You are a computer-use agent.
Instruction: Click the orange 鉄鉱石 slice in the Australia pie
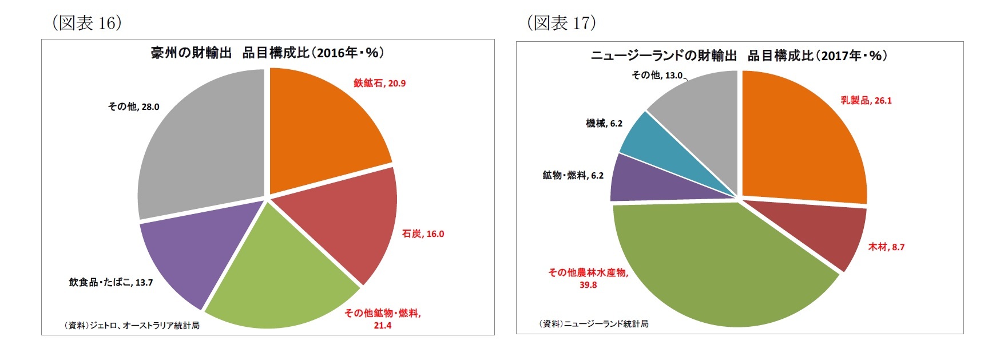point(320,126)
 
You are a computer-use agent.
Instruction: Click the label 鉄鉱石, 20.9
point(379,84)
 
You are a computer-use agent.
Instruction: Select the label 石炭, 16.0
point(423,234)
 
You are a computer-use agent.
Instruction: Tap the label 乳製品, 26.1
point(866,101)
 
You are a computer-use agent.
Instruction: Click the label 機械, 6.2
point(604,124)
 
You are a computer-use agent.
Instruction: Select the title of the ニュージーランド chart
point(739,56)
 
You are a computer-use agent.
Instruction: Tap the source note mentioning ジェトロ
point(132,326)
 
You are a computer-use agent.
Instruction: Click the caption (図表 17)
point(560,23)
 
